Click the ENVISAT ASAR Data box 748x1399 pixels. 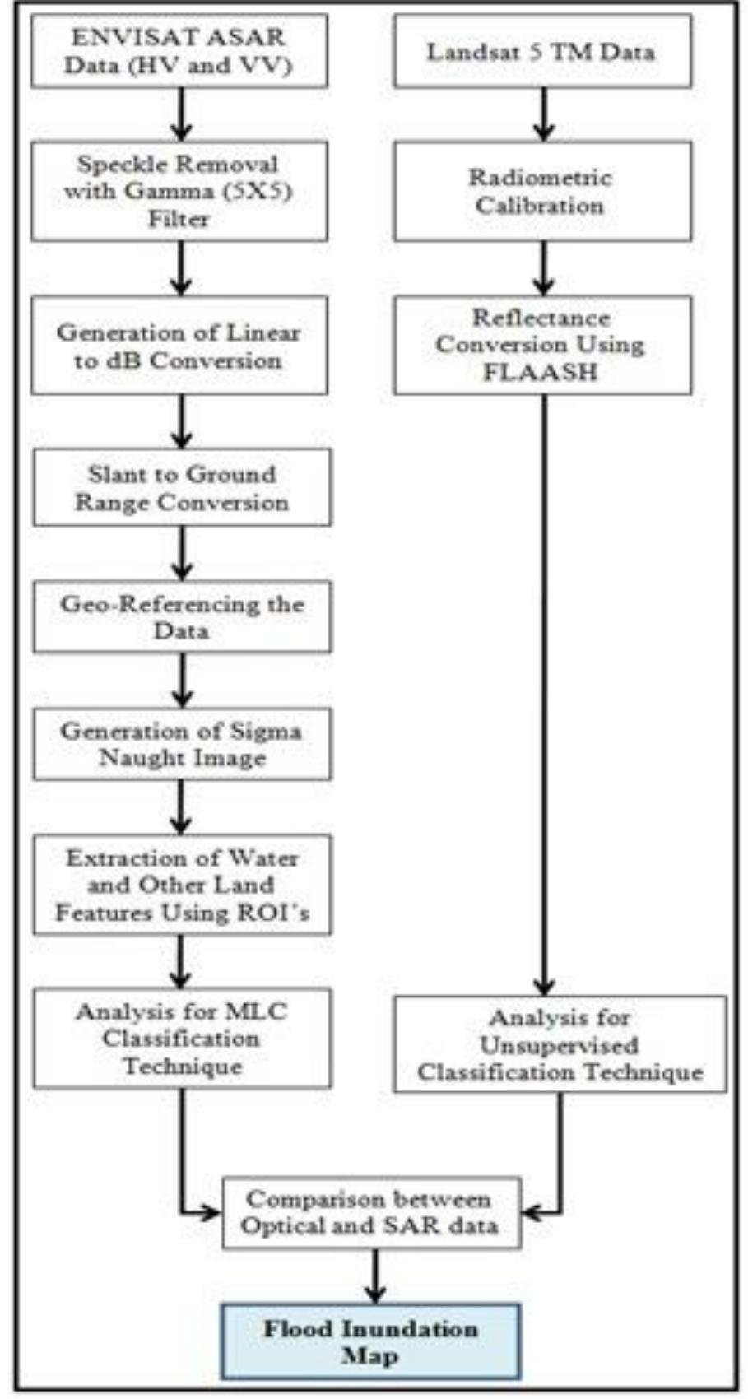pyautogui.click(x=179, y=51)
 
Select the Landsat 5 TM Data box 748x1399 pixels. pyautogui.click(x=541, y=51)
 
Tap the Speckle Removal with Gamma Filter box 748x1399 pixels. pyautogui.click(x=179, y=191)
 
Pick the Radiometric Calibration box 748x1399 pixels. pyautogui.click(x=541, y=191)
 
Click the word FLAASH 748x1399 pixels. pyautogui.click(x=540, y=372)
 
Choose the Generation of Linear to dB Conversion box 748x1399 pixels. pyautogui.click(x=179, y=346)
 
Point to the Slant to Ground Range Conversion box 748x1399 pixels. pyautogui.click(x=182, y=488)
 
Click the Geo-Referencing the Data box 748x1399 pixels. pyautogui.click(x=182, y=617)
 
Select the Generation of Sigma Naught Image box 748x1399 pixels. pyautogui.click(x=182, y=744)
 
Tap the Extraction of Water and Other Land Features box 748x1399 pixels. pyautogui.click(x=182, y=885)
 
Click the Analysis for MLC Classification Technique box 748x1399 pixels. pyautogui.click(x=182, y=1039)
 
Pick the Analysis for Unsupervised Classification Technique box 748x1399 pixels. pyautogui.click(x=560, y=1045)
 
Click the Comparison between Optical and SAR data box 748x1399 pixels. pyautogui.click(x=371, y=1212)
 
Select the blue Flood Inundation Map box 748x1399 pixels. pyautogui.click(x=370, y=1341)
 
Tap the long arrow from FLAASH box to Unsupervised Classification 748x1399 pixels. pyautogui.click(x=542, y=691)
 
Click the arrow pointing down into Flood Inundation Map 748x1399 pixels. pyautogui.click(x=375, y=1276)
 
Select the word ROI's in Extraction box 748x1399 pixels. pyautogui.click(x=280, y=913)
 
